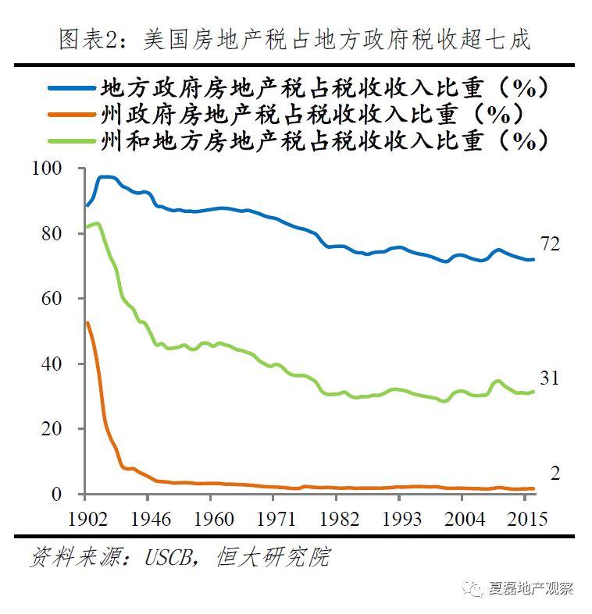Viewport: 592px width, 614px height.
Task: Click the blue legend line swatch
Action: point(72,87)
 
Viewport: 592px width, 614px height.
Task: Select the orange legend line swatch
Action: point(72,115)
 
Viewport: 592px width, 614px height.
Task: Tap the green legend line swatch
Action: point(72,141)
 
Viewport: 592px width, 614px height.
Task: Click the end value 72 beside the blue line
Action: point(551,244)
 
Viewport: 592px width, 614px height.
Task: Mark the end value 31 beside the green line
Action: point(551,378)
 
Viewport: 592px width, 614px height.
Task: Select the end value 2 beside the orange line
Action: point(555,474)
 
